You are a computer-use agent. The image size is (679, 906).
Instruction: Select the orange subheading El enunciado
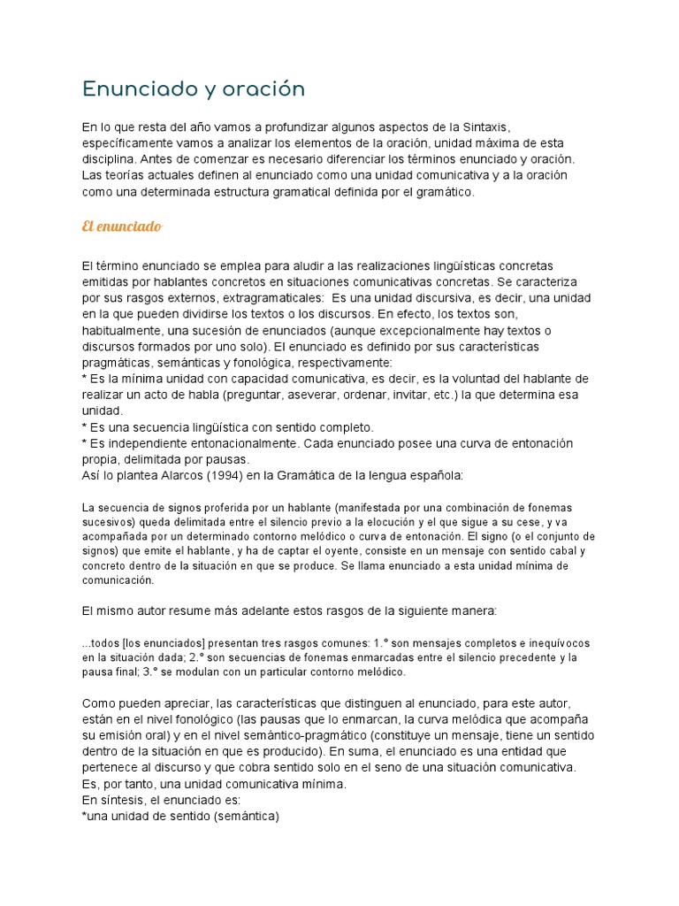(x=121, y=227)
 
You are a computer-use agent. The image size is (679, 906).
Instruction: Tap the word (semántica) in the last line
(x=240, y=816)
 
